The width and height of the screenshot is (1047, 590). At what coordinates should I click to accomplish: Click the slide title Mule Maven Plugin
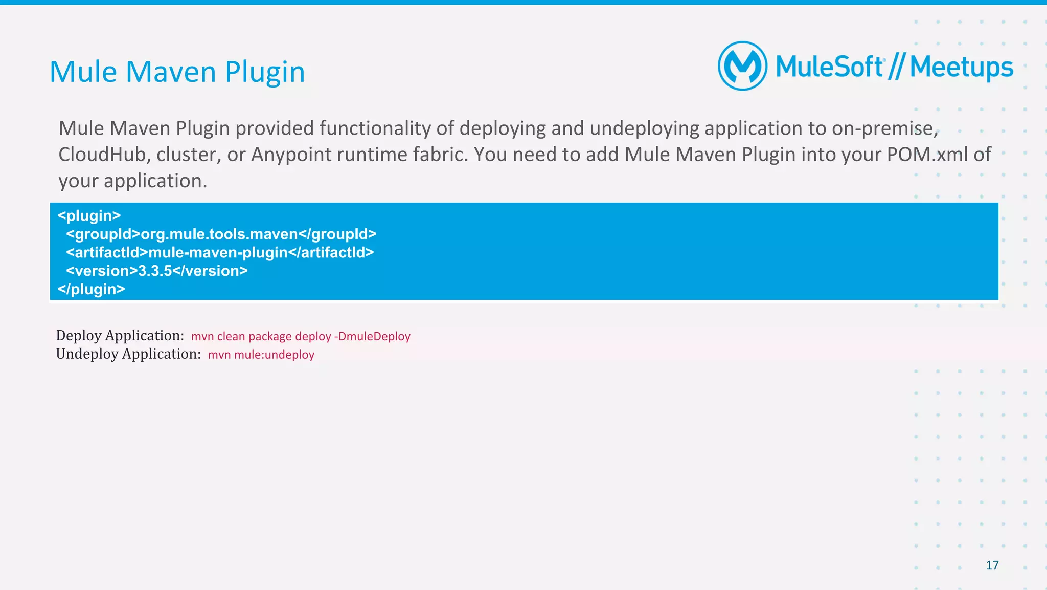click(x=177, y=72)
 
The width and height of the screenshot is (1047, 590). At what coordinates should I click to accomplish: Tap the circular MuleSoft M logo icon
click(x=742, y=66)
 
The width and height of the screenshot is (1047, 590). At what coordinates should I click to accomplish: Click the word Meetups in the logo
click(x=961, y=68)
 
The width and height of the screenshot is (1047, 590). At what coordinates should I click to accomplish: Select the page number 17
click(x=992, y=565)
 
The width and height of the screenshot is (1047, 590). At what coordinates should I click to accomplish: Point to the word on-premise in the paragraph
click(x=884, y=128)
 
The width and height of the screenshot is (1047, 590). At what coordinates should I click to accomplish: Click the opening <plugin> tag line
click(x=89, y=216)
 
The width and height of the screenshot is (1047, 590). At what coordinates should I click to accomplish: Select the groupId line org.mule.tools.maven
click(x=221, y=234)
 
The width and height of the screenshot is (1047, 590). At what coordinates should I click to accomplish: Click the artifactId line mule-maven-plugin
click(x=220, y=253)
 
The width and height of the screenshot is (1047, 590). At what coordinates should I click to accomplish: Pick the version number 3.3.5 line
click(x=156, y=271)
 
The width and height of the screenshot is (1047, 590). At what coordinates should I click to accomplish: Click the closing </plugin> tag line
click(x=91, y=290)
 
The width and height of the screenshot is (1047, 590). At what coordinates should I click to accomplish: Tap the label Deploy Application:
click(x=120, y=336)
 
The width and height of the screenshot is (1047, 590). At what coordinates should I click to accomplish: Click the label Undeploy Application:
click(x=128, y=354)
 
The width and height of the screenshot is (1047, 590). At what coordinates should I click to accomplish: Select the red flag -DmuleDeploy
click(x=372, y=336)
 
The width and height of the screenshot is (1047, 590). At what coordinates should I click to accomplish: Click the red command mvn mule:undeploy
click(x=261, y=355)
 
